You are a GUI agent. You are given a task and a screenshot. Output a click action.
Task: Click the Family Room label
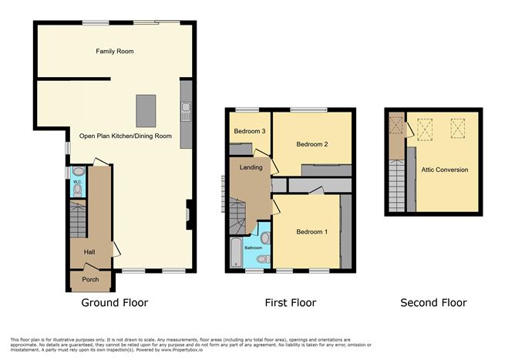[115, 52]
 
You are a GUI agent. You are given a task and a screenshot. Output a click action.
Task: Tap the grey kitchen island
[145, 110]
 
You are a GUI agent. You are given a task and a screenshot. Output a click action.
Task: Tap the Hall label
[89, 252]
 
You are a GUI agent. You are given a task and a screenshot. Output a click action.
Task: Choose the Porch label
[90, 280]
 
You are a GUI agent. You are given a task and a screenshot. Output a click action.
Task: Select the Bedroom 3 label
[250, 132]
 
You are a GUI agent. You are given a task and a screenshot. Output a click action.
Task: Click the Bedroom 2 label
[313, 144]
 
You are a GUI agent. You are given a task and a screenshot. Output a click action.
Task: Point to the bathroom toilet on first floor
[265, 240]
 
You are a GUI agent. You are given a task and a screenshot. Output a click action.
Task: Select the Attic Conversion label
[444, 170]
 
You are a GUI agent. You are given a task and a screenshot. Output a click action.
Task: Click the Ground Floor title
[115, 303]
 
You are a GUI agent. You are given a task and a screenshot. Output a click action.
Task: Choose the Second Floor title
[433, 303]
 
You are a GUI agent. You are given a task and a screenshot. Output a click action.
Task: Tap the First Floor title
[289, 303]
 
